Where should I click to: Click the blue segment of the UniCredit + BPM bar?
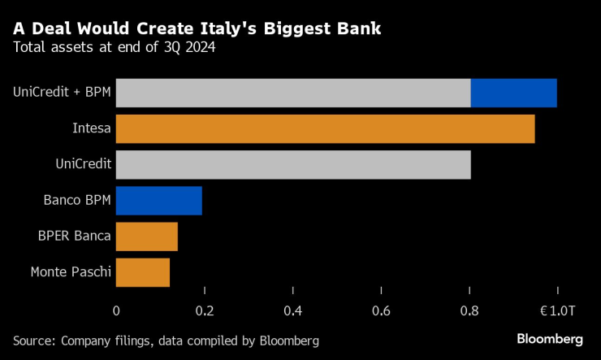click(513, 93)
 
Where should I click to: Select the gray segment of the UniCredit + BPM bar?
click(293, 93)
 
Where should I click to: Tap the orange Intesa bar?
click(325, 129)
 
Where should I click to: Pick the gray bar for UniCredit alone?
click(293, 165)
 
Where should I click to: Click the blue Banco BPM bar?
click(158, 200)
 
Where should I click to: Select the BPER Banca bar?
click(146, 236)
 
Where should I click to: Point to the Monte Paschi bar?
click(143, 272)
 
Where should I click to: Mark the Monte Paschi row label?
click(70, 272)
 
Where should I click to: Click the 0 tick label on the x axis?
click(116, 310)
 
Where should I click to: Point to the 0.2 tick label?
click(205, 310)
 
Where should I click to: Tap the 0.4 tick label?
click(293, 310)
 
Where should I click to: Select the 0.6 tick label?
click(382, 310)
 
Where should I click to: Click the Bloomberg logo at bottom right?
click(550, 338)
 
